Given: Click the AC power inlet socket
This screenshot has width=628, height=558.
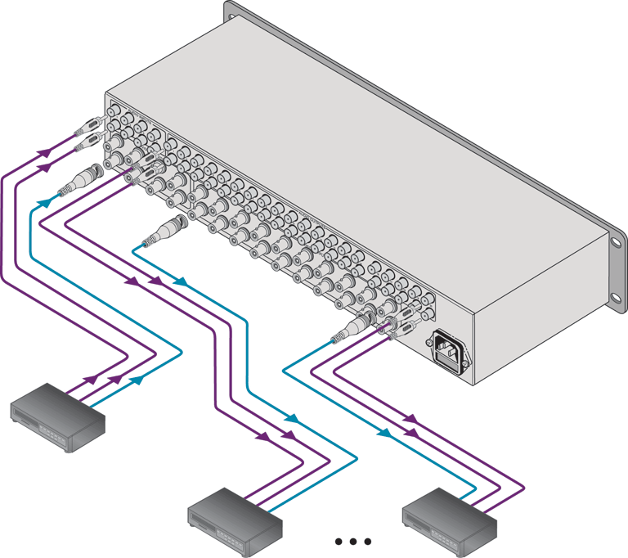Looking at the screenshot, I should coord(447,347).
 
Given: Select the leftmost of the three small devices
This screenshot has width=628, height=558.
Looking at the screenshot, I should coord(58,416).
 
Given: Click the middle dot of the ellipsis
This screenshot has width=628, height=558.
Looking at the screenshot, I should coord(354,541).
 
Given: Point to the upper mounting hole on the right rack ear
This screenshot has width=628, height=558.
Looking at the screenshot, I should coord(615,242).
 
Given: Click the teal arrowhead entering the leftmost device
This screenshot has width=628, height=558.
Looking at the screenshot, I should coord(139,380).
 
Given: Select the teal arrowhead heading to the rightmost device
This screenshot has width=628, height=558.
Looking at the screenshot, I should coord(383,432).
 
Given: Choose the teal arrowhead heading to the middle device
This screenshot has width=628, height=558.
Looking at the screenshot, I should coord(290,419).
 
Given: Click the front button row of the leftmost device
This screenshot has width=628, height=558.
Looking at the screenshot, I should coord(50,435).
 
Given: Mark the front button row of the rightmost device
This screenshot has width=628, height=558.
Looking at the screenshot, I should coord(441,536).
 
